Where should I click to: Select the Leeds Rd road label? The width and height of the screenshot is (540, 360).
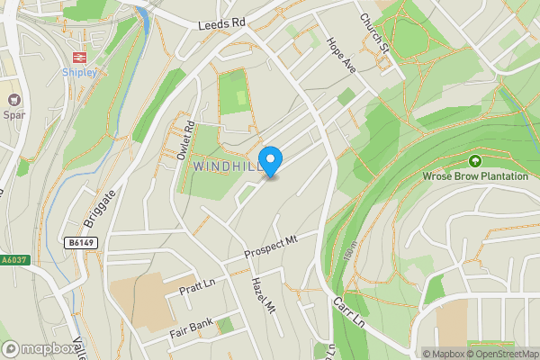pyautogui.click(x=222, y=28)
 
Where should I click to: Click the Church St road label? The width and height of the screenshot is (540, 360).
pyautogui.click(x=373, y=31)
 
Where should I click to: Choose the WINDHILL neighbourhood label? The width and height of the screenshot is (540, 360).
pyautogui.click(x=228, y=167)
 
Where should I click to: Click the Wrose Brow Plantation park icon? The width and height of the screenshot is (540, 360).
pyautogui.click(x=475, y=161)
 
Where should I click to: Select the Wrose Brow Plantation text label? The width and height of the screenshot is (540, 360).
pyautogui.click(x=475, y=176)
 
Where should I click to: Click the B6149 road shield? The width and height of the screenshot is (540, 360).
pyautogui.click(x=80, y=242)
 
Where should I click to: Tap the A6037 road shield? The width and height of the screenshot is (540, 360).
pyautogui.click(x=13, y=260)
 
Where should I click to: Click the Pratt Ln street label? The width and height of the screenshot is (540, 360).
pyautogui.click(x=196, y=288)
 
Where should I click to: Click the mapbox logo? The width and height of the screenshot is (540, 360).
pyautogui.click(x=40, y=348)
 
